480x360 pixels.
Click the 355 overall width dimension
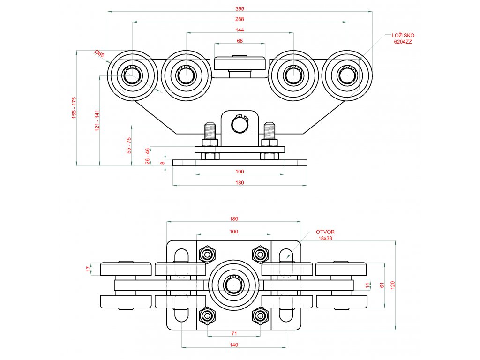point(240,8)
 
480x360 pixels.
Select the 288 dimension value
point(240,19)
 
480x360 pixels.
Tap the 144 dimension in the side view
point(240,30)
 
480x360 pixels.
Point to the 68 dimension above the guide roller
point(240,40)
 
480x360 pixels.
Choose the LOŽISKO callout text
point(403,36)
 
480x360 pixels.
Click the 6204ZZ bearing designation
point(403,42)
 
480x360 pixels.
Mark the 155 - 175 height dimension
point(74,108)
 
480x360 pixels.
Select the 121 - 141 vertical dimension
point(97,120)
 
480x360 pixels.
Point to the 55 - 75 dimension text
point(129,145)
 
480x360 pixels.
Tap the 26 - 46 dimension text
point(148,156)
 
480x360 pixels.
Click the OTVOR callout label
point(325,232)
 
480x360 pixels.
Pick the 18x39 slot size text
point(325,238)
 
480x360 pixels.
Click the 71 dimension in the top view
point(234,333)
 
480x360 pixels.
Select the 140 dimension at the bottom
point(234,345)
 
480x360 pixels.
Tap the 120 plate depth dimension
point(393,285)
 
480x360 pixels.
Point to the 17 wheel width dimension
point(89,269)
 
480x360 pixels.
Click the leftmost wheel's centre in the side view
point(132,75)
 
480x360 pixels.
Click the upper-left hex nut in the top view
point(207,255)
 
